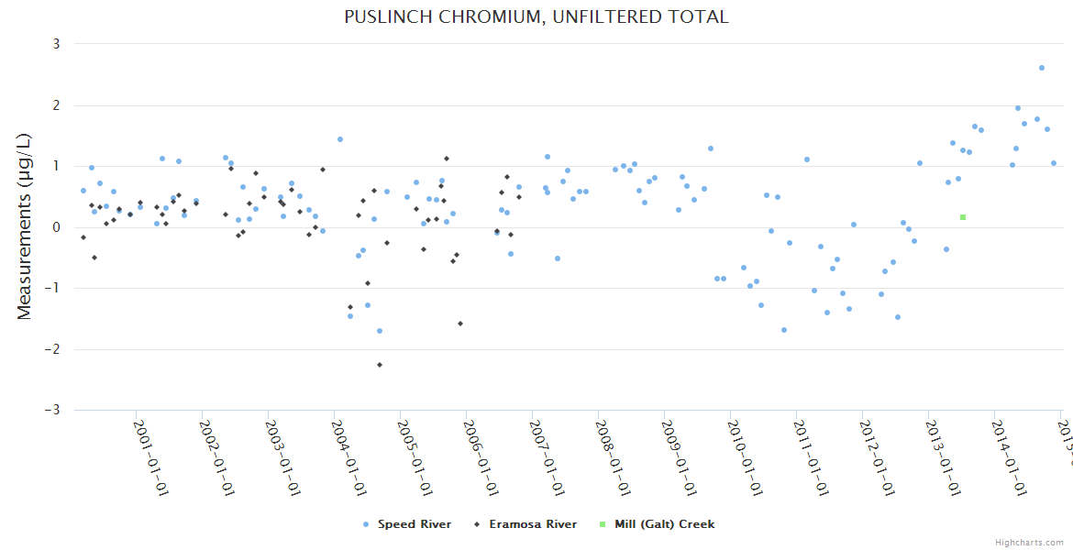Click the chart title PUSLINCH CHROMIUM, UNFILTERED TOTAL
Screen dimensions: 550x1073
pos(536,16)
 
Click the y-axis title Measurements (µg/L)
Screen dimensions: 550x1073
pos(25,226)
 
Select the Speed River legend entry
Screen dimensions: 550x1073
pos(407,524)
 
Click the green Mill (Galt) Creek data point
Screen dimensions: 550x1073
pos(963,217)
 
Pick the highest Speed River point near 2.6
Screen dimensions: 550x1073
pos(1042,68)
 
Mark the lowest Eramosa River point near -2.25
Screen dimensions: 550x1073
pos(380,365)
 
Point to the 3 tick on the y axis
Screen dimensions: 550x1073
pos(56,44)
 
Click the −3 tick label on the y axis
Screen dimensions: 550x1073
pos(53,410)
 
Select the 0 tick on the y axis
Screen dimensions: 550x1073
pos(56,227)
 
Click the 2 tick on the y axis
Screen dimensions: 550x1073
pos(56,105)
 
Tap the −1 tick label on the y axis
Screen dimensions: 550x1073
pos(53,288)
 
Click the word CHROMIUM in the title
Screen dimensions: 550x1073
pos(481,16)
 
